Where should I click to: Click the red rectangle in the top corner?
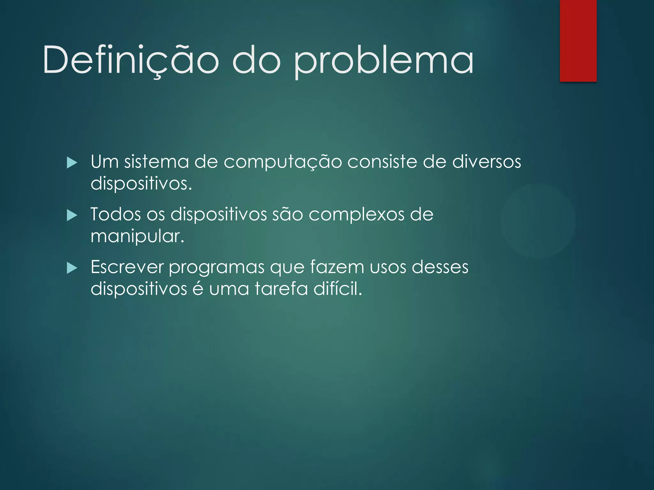pyautogui.click(x=578, y=41)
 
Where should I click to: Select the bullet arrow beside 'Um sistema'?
pyautogui.click(x=72, y=163)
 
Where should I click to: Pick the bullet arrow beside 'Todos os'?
pyautogui.click(x=72, y=216)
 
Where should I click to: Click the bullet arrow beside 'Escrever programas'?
pyautogui.click(x=72, y=268)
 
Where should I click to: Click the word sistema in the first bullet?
pyautogui.click(x=156, y=161)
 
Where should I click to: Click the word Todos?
pyautogui.click(x=116, y=214)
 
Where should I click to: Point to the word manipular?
pyautogui.click(x=137, y=237)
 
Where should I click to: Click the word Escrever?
pyautogui.click(x=127, y=267)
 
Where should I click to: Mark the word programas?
pyautogui.click(x=217, y=267)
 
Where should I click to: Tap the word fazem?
pyautogui.click(x=337, y=267)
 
